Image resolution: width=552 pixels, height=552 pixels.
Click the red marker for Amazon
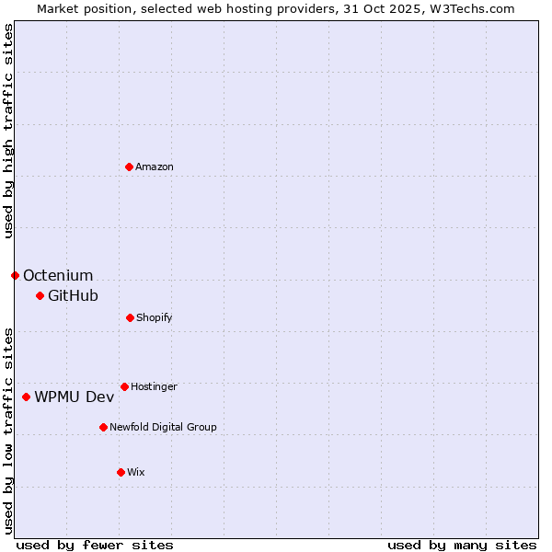click(129, 167)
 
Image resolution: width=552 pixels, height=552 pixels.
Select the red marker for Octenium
click(15, 275)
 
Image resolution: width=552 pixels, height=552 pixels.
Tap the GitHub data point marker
click(40, 295)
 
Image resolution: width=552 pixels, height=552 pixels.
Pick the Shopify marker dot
click(130, 317)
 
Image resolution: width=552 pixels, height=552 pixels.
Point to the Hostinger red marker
click(124, 386)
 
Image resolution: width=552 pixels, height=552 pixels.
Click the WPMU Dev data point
click(26, 397)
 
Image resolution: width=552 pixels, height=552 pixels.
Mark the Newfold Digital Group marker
click(103, 427)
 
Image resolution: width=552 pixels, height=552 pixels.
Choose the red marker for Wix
click(121, 472)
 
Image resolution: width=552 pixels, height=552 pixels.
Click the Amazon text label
click(155, 167)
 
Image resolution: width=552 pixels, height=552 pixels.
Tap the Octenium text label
click(58, 275)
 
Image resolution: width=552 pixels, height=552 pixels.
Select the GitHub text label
click(73, 295)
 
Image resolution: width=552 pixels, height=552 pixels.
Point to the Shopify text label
click(155, 317)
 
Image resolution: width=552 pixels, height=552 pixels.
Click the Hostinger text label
click(154, 386)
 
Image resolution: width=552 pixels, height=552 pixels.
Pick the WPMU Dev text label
click(75, 397)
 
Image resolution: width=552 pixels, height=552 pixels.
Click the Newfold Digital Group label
click(163, 427)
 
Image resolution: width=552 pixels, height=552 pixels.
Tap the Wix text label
click(136, 472)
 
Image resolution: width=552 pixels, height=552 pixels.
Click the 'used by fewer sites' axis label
click(95, 545)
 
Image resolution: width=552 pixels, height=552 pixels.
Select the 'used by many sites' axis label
click(462, 545)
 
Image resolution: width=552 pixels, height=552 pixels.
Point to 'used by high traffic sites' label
click(8, 131)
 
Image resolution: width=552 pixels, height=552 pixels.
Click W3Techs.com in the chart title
click(469, 8)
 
